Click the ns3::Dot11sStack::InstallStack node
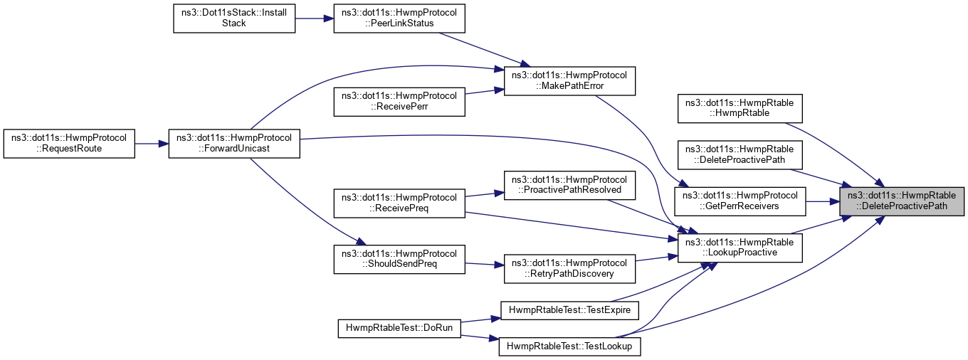pos(234,18)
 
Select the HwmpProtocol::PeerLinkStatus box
pos(399,18)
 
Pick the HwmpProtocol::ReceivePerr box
pos(399,100)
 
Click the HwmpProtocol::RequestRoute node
pos(68,143)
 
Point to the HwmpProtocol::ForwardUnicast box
pos(234,143)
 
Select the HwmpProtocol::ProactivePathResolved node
pos(569,184)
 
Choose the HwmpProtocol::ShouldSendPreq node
pos(399,259)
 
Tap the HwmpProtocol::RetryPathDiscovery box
pos(569,268)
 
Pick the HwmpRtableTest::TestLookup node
pos(571,346)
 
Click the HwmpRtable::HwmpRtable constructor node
pos(740,108)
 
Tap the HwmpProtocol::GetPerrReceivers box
pos(740,201)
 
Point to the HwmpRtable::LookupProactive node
pos(740,247)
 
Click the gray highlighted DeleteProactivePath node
pos(902,201)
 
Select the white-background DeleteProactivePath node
pos(740,154)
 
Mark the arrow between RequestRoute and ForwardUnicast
pos(151,143)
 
